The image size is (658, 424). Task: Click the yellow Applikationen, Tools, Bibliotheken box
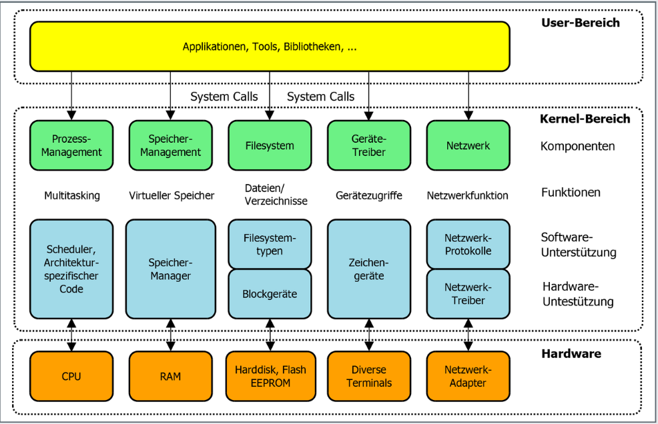270,47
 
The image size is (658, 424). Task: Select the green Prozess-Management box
71,145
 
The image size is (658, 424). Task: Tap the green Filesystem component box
270,145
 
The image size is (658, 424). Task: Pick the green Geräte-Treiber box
369,145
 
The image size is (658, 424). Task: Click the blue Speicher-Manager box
170,269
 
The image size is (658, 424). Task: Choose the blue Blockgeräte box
270,294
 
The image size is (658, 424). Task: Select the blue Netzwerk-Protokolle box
468,244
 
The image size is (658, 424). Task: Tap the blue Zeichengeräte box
369,269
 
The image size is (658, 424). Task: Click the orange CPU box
71,376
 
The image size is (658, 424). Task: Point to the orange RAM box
170,376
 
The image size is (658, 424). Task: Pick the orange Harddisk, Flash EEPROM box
271,376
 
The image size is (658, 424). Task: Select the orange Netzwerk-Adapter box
468,376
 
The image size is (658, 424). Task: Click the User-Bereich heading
581,23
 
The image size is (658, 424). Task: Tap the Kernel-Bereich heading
585,119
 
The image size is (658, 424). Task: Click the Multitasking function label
72,195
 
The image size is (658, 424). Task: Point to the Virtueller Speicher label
172,195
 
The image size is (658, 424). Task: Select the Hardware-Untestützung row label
578,294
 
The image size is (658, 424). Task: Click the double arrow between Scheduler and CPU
71,335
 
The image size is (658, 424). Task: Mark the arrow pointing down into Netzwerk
468,96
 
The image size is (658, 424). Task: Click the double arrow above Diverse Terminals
369,335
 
